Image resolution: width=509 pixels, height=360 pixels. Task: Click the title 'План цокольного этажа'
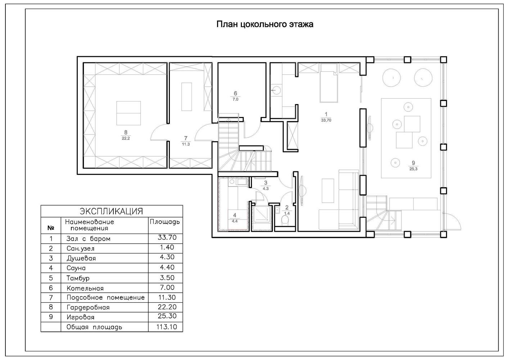coord(265,24)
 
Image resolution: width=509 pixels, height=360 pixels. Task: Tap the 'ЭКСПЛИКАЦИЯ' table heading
coord(111,211)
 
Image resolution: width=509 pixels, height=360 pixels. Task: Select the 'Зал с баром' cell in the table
coord(88,239)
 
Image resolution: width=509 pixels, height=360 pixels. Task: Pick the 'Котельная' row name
coord(85,288)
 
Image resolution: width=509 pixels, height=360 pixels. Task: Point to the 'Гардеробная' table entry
coord(88,307)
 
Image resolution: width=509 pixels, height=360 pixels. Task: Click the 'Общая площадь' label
coord(94,327)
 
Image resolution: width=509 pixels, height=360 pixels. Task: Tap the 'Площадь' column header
coord(165,222)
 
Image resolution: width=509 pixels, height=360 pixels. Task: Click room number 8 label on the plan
coord(126,132)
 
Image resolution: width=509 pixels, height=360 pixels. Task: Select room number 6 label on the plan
coord(235,94)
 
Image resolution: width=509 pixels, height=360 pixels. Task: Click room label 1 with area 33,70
coord(326,115)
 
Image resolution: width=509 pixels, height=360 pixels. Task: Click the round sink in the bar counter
coord(277,89)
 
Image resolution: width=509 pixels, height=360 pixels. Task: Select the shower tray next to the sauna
coord(261,216)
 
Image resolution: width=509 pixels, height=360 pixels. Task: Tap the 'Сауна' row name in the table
coord(76,268)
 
